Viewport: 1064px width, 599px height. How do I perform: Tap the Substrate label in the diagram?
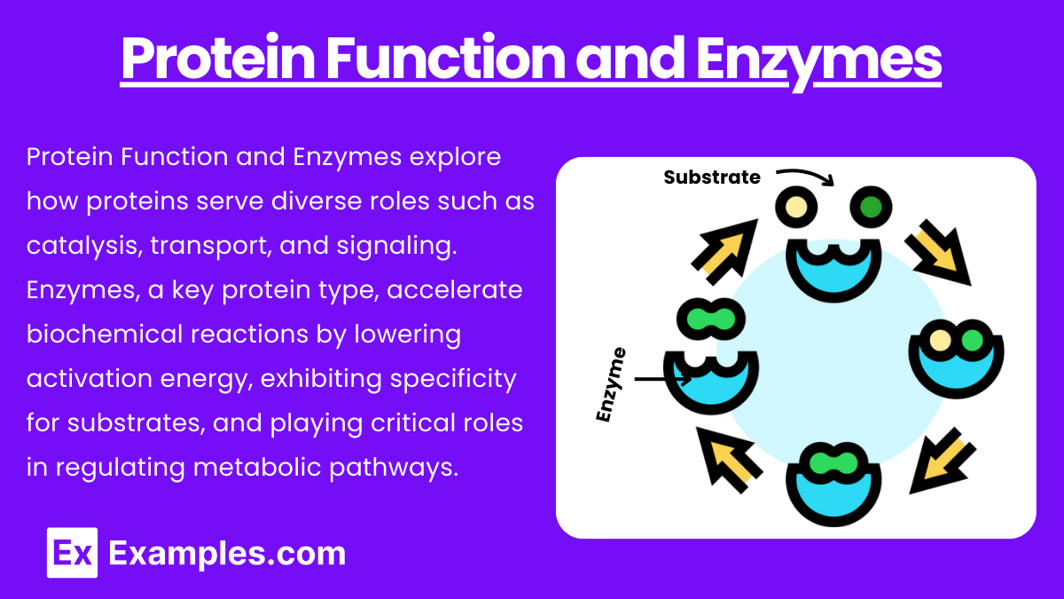(x=712, y=177)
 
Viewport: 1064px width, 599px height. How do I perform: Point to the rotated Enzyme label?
(x=611, y=384)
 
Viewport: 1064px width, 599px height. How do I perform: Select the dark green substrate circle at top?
(x=872, y=209)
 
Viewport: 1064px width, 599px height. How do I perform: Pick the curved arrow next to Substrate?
(x=805, y=177)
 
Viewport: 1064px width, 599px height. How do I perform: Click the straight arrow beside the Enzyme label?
(x=662, y=380)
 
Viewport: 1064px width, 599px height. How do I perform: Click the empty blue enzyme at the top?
(x=834, y=267)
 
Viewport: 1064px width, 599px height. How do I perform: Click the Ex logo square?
(x=72, y=553)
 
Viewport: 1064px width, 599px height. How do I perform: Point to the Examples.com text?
(x=227, y=554)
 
